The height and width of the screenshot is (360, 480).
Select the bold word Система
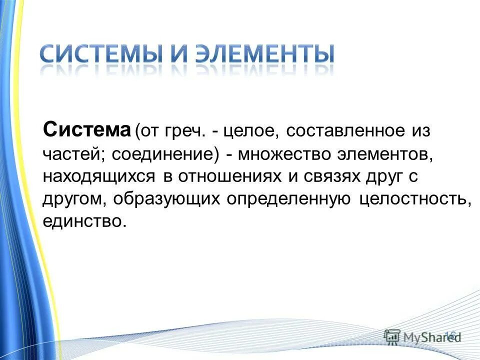tap(86, 131)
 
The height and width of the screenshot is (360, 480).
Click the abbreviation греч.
tap(187, 132)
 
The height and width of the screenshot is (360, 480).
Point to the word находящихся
tap(99, 177)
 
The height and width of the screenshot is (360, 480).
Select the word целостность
tap(414, 199)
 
